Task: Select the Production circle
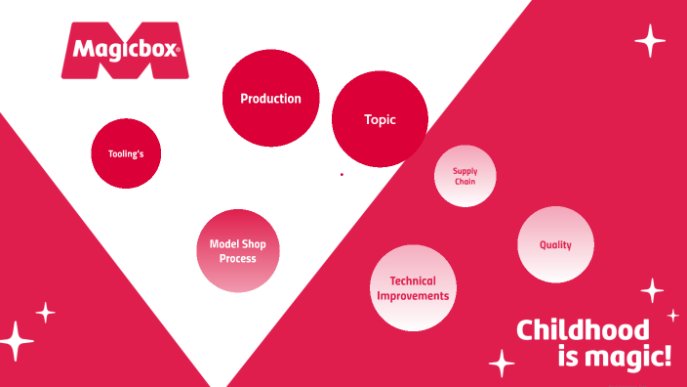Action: point(270,98)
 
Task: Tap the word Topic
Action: point(381,120)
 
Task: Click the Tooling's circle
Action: point(126,153)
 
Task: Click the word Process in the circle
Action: point(238,259)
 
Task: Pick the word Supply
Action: point(465,171)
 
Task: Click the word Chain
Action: point(465,182)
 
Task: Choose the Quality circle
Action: point(555,245)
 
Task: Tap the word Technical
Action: point(413,281)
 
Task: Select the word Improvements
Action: point(413,295)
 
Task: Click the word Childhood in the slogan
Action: point(583,329)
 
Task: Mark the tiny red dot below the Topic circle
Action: point(342,175)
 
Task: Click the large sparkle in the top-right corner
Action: point(650,41)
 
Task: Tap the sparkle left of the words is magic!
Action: point(502,363)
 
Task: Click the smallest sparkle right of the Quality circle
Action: point(672,315)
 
